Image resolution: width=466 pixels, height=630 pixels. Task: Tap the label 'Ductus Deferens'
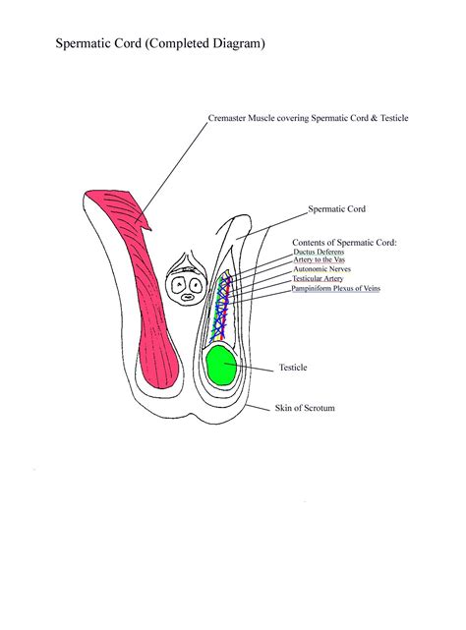[319, 252]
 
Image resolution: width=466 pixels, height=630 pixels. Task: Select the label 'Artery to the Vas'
[319, 259]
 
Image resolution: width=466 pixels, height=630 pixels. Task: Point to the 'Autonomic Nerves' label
[321, 268]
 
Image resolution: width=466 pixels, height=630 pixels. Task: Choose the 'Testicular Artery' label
[318, 279]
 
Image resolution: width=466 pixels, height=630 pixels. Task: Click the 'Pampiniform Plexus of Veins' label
[335, 289]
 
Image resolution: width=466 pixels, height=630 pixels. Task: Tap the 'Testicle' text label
[293, 368]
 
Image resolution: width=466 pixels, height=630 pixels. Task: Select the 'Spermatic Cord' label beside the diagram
[336, 208]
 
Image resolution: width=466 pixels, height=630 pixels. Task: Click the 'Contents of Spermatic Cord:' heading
[344, 242]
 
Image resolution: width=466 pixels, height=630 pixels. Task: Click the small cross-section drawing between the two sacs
[184, 280]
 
